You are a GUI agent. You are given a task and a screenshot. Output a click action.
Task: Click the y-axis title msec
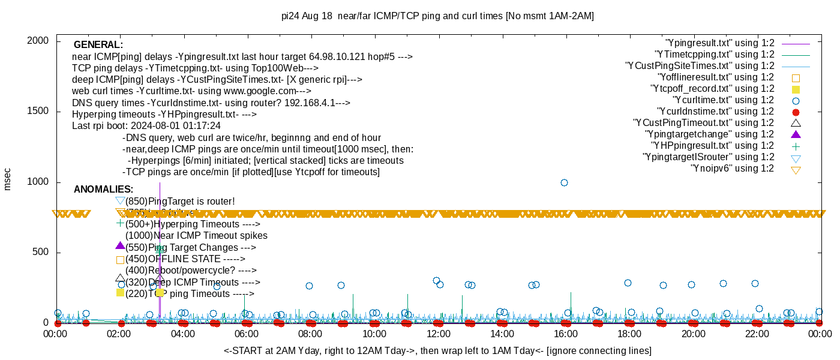7,179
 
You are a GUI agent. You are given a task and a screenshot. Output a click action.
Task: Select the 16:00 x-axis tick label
566,334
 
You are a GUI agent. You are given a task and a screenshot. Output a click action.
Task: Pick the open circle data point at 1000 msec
564,182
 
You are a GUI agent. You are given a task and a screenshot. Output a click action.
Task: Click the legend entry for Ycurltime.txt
724,100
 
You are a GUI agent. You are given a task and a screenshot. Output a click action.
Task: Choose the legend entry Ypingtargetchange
710,134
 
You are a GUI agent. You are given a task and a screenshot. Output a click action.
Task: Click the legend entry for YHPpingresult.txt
713,146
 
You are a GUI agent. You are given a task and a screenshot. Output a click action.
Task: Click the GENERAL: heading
98,45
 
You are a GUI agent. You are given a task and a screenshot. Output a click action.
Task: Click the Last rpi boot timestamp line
146,126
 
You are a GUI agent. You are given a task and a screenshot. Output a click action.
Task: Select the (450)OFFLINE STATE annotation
185,259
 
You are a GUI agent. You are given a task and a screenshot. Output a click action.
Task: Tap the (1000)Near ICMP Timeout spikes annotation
196,236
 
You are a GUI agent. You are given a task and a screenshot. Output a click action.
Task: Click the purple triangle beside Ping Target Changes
120,246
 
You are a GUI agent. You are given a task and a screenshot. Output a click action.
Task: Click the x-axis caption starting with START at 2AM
437,350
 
